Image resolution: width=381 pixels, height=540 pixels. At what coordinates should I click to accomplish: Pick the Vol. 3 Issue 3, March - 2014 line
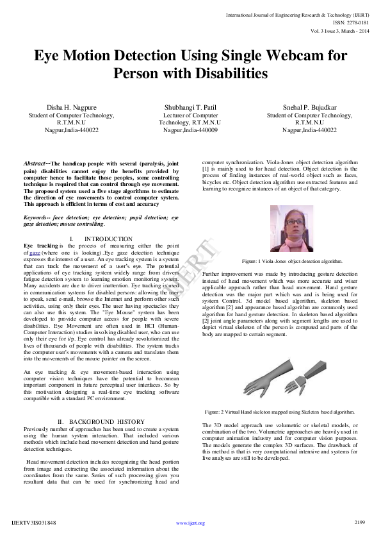pyautogui.click(x=341, y=31)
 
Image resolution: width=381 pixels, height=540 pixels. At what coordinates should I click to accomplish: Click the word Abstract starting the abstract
pyautogui.click(x=36, y=164)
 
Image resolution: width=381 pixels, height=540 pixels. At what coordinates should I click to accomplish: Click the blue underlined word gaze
pyautogui.click(x=33, y=253)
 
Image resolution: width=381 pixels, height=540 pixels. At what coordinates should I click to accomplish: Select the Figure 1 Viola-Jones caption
pyautogui.click(x=291, y=261)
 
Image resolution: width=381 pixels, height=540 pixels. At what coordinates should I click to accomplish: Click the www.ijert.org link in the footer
pyautogui.click(x=190, y=523)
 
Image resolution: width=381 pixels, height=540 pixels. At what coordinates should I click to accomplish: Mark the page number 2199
pyautogui.click(x=359, y=522)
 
